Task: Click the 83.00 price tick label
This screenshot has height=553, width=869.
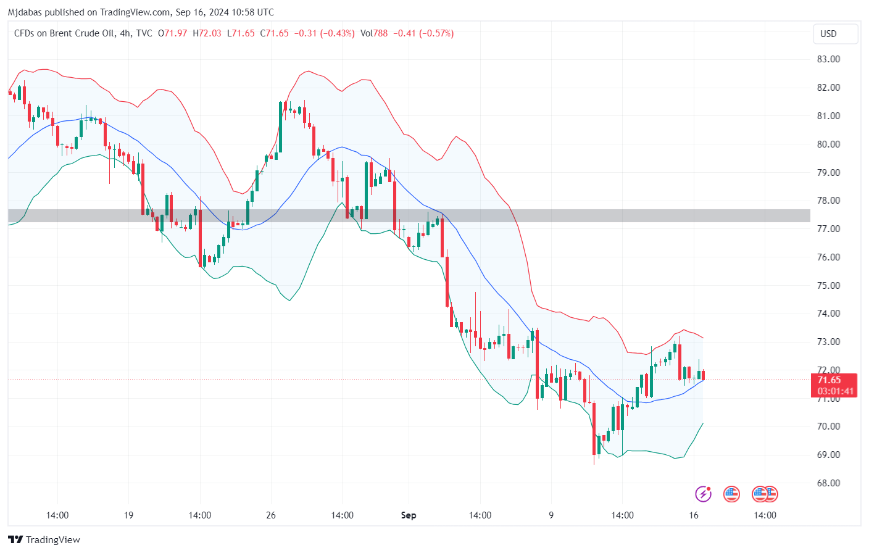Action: pos(828,59)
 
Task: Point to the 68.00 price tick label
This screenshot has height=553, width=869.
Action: pos(828,483)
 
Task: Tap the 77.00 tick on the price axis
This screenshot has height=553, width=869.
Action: pos(828,229)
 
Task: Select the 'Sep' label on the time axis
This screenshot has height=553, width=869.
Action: pos(409,515)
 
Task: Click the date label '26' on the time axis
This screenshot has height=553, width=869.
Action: pos(271,515)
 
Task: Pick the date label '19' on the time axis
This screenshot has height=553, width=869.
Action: pos(128,515)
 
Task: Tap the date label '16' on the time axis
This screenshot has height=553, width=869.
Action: pos(694,515)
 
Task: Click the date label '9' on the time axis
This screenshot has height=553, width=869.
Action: pos(551,515)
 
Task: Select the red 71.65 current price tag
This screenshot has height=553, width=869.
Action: pos(829,380)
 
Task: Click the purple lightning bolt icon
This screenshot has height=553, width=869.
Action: pos(703,494)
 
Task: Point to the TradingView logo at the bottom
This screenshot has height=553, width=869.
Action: pos(44,540)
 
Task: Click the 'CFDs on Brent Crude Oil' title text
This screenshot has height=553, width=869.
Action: pos(64,33)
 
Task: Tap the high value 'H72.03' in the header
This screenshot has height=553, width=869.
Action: pos(207,33)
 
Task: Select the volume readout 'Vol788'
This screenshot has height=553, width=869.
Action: pos(374,33)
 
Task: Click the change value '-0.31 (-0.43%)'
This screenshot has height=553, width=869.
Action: pos(324,33)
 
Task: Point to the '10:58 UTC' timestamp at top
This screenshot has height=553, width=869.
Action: pos(252,12)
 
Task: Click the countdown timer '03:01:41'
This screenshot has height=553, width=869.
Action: pos(835,391)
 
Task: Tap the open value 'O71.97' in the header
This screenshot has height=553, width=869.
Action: pos(172,33)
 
